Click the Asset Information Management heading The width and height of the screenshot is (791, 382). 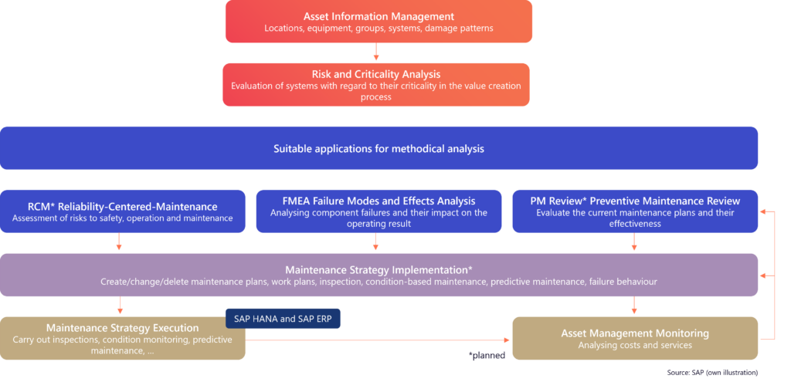coord(379,15)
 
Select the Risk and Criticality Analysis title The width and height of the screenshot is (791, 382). coord(375,74)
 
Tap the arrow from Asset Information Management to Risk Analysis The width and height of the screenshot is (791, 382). coord(375,52)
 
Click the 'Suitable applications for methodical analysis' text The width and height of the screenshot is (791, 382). coord(379,148)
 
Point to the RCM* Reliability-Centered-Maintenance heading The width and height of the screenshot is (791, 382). coord(122,206)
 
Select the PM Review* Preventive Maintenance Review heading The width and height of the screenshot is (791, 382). coord(634,201)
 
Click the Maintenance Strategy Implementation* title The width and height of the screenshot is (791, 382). coord(379,269)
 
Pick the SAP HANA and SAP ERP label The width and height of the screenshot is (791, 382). coord(282,319)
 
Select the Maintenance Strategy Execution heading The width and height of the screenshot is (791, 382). coord(122,328)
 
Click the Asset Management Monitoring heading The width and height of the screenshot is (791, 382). coord(634,333)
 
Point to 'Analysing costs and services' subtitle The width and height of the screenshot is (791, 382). coord(634,346)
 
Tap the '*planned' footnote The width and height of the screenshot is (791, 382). coord(486,356)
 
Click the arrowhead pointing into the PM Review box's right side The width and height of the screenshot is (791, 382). coord(764,211)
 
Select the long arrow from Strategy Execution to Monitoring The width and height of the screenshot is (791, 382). coord(379,338)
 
